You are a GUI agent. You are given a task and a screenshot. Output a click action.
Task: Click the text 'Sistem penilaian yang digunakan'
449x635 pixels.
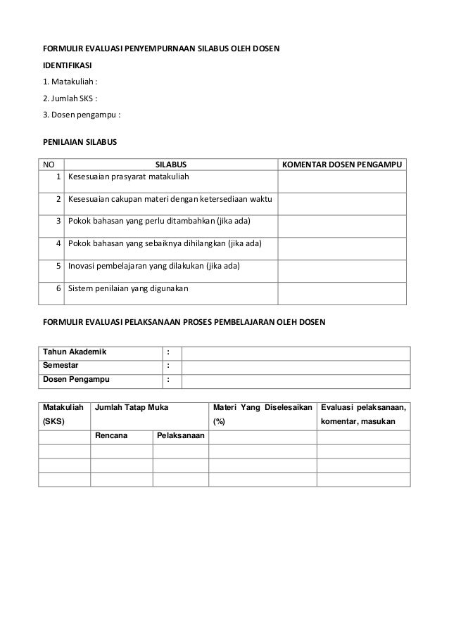[x=123, y=288]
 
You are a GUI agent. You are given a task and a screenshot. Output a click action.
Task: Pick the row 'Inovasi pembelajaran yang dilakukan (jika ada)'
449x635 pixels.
[x=153, y=267]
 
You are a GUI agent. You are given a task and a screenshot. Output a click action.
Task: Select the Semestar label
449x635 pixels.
[x=61, y=366]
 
